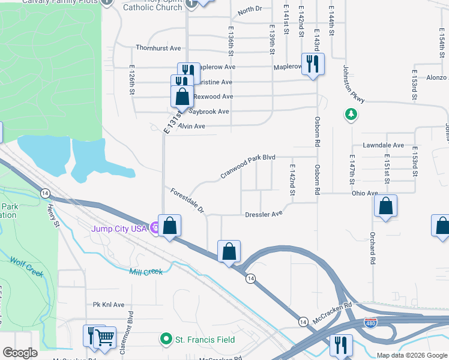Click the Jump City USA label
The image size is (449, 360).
pyautogui.click(x=119, y=229)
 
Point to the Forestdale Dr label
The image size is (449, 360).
pyautogui.click(x=187, y=201)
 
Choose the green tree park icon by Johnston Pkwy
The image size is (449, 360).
pyautogui.click(x=351, y=114)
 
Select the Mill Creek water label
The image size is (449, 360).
pyautogui.click(x=146, y=272)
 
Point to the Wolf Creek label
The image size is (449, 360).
pyautogui.click(x=27, y=267)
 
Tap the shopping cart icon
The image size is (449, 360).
pyautogui.click(x=105, y=338)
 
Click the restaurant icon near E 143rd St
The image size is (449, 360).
pyautogui.click(x=312, y=64)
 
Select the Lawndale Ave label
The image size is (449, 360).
pyautogui.click(x=384, y=146)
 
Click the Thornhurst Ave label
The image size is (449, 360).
pyautogui.click(x=158, y=48)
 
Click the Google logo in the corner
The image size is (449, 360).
pyautogui.click(x=20, y=353)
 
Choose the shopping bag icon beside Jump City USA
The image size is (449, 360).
pyautogui.click(x=170, y=226)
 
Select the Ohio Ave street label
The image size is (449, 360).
pyautogui.click(x=364, y=193)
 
